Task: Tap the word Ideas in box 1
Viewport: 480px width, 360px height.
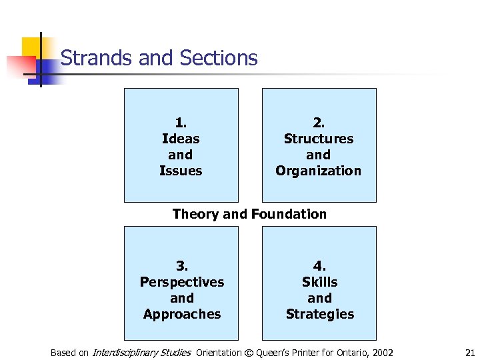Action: [x=181, y=139]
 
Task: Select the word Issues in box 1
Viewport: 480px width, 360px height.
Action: [x=181, y=171]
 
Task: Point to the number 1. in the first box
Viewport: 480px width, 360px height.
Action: [x=181, y=123]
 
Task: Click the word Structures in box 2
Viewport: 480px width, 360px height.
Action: [x=319, y=139]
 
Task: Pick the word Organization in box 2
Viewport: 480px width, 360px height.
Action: [x=319, y=171]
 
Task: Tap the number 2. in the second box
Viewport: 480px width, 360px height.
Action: [x=319, y=123]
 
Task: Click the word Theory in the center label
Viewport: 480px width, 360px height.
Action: [x=196, y=214]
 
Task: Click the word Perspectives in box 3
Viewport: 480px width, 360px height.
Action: [x=182, y=282]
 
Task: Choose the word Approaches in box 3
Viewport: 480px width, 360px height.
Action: [x=182, y=314]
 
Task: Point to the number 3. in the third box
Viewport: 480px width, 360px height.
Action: [x=182, y=266]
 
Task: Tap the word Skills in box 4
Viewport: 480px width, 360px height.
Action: [x=320, y=282]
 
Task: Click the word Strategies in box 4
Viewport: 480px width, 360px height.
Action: [x=320, y=314]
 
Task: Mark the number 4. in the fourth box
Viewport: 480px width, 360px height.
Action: [x=320, y=266]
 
